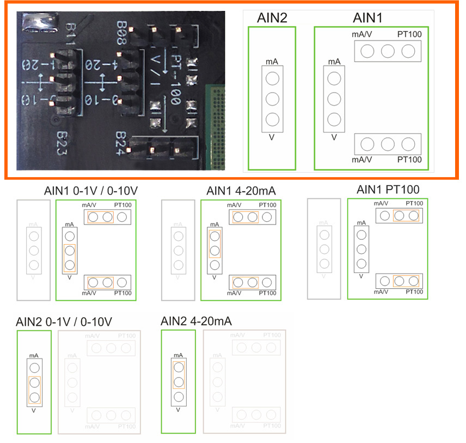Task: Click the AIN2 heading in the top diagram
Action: (x=272, y=19)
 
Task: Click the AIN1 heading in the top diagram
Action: (x=368, y=19)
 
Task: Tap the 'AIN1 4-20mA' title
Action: (x=241, y=191)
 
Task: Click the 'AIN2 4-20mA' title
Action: (x=196, y=320)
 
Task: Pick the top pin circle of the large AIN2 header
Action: (x=272, y=78)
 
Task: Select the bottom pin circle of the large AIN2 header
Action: (x=272, y=118)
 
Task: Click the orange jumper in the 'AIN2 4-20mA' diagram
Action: (x=179, y=374)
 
